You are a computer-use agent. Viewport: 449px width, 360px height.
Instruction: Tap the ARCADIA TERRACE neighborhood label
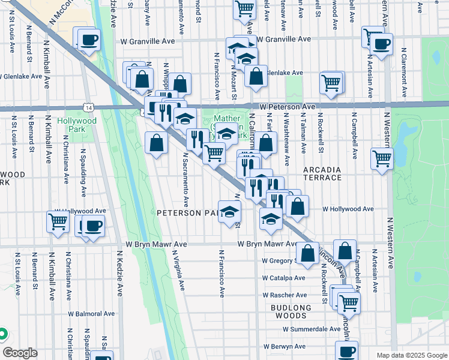(x=322, y=173)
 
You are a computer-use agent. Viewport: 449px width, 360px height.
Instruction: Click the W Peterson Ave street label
(x=288, y=106)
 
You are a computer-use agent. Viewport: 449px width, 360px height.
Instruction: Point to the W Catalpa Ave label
(x=284, y=278)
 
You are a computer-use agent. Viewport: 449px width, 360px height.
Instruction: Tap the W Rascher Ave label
(x=285, y=295)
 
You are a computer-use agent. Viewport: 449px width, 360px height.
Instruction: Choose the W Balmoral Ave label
(x=91, y=313)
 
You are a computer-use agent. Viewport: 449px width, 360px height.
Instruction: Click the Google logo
(x=20, y=353)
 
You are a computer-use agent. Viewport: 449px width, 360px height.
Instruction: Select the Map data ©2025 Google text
(x=411, y=355)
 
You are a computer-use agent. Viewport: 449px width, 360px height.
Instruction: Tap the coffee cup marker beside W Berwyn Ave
(x=346, y=351)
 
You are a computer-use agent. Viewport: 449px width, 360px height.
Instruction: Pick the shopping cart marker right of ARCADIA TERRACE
(x=382, y=158)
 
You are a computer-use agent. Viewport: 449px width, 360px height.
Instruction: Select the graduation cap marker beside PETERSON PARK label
(x=229, y=211)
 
